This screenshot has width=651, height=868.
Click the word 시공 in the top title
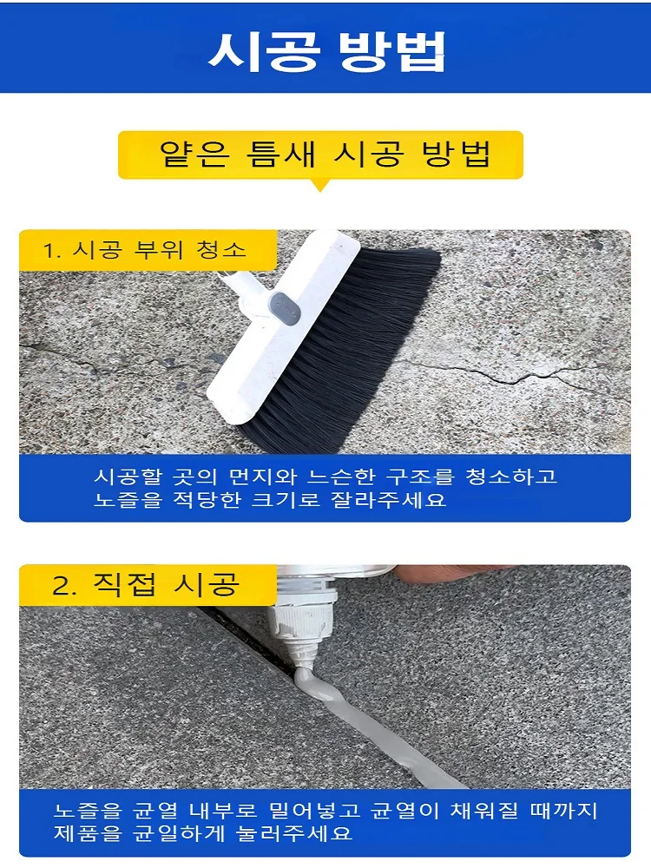(x=264, y=51)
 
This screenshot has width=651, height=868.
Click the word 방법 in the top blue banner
(x=391, y=51)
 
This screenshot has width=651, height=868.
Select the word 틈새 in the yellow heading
(x=280, y=154)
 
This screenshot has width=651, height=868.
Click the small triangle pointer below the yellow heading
(x=320, y=185)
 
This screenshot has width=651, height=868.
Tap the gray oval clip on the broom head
(x=285, y=306)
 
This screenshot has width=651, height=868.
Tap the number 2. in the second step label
(x=65, y=586)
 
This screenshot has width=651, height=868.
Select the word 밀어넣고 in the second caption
(x=314, y=811)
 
